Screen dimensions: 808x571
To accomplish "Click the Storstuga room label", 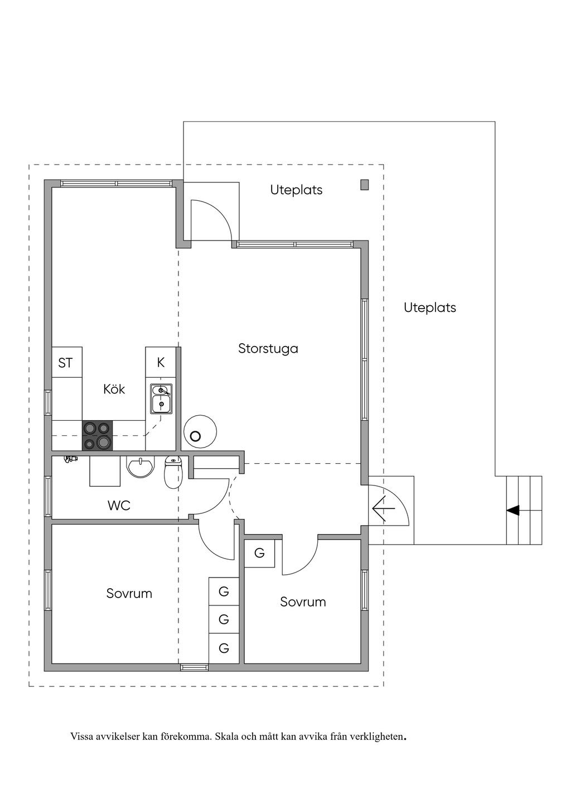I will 268,349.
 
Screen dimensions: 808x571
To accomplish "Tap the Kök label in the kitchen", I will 114,389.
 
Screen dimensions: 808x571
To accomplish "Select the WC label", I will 119,506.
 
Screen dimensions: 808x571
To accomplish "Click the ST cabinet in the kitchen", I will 66,363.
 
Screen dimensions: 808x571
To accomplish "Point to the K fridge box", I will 161,363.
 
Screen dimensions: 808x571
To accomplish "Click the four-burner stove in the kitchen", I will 97,436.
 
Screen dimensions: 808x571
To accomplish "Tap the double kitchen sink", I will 161,398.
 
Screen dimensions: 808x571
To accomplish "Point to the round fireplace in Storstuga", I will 199,431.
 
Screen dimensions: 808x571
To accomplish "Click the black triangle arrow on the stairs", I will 512,509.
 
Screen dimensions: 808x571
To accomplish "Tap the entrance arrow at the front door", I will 384,508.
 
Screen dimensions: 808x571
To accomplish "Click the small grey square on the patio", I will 364,185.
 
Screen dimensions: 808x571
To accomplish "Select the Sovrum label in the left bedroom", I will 129,593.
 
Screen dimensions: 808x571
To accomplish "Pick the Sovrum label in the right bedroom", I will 303,602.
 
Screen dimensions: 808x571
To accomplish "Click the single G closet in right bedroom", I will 259,554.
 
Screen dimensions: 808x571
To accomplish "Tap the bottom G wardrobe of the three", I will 224,648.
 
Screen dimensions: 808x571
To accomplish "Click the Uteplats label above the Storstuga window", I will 296,190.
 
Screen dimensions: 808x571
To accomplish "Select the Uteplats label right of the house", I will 429,307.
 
